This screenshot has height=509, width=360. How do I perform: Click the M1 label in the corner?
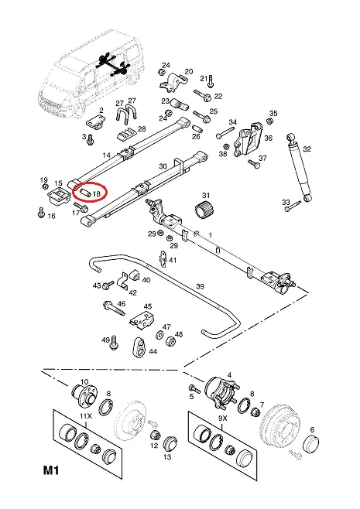point(51,470)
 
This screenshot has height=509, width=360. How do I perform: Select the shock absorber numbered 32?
point(299,168)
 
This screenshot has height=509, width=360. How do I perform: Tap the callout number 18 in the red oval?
point(97,194)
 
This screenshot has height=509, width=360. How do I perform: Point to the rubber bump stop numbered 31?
point(204,210)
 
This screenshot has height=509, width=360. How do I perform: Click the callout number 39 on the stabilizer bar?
point(201,286)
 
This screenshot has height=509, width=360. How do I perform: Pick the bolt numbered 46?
point(114,308)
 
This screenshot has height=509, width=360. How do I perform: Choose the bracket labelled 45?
point(142,319)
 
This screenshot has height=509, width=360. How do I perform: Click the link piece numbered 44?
point(139,347)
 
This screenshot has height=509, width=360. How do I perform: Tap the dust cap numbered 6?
point(310,444)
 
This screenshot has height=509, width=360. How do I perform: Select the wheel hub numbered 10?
point(83,394)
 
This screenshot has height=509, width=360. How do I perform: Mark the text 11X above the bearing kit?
point(86,416)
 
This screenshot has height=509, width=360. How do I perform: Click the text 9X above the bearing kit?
point(222,418)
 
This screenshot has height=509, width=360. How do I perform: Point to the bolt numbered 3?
point(90,139)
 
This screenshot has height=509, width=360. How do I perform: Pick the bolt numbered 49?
point(113,343)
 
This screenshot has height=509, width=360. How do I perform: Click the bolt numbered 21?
point(211,81)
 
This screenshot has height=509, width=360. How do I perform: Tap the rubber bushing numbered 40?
point(135,275)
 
